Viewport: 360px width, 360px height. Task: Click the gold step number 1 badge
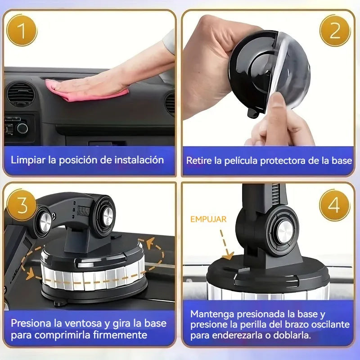22,30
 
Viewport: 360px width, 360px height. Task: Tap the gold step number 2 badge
334,30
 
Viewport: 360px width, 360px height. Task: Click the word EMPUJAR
208,220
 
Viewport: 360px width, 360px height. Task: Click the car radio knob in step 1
22,128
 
